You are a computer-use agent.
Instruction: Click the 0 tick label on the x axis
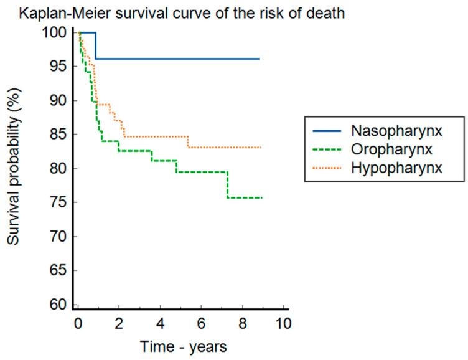pyautogui.click(x=78, y=324)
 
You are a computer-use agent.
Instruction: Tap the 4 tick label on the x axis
pyautogui.click(x=160, y=324)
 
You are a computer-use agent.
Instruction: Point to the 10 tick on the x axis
pyautogui.click(x=283, y=324)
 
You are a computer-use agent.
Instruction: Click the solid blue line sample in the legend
pyautogui.click(x=325, y=131)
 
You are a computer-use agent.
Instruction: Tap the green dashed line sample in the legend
pyautogui.click(x=325, y=149)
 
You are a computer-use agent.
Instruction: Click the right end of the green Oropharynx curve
pyautogui.click(x=262, y=197)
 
